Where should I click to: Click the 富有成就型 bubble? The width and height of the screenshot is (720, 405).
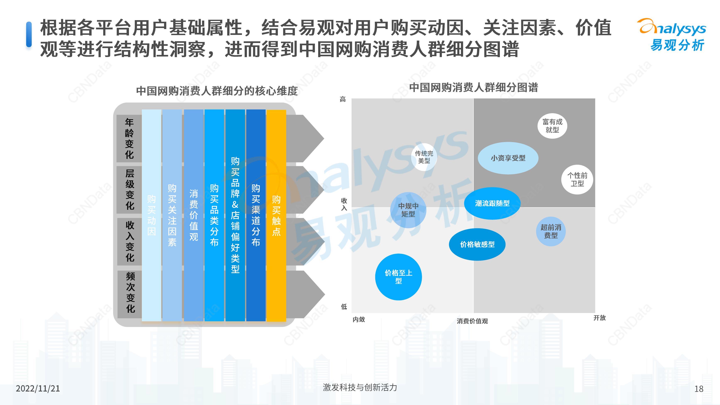point(552,126)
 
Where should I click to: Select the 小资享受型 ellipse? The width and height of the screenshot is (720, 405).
point(508,158)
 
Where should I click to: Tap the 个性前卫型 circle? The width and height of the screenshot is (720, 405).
point(577,179)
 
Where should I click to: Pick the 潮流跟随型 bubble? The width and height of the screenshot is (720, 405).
point(492,203)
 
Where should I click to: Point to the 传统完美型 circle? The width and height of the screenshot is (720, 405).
point(424,157)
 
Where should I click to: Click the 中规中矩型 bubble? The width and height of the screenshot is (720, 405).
point(408,210)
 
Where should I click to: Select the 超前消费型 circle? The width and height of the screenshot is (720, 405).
point(551,231)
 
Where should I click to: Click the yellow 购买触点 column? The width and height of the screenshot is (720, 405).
point(276,215)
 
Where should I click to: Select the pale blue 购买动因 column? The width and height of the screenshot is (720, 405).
point(151,215)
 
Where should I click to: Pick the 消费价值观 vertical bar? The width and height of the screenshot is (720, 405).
point(193,215)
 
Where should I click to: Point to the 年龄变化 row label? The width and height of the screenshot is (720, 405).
point(129,138)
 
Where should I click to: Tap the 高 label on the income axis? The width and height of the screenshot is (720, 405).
point(343,99)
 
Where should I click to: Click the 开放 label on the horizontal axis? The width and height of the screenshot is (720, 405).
point(600,318)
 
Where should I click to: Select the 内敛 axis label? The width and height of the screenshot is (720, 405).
point(359,319)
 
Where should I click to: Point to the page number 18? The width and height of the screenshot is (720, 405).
point(699,389)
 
